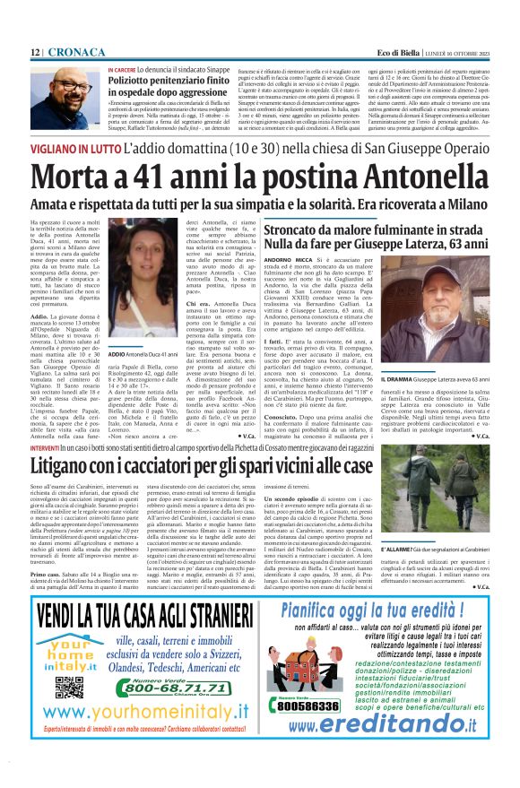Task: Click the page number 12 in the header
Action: [37, 53]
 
